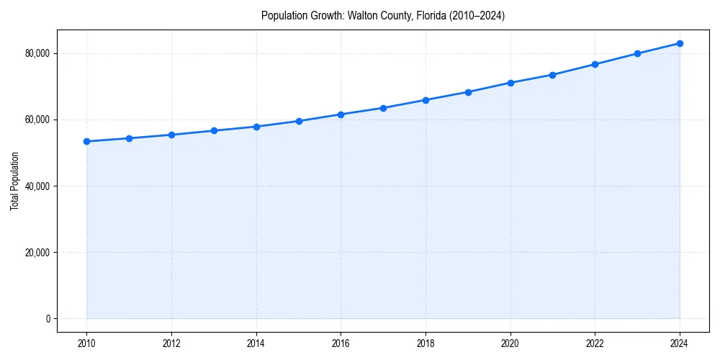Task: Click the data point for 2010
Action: click(86, 141)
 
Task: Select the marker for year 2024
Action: click(680, 43)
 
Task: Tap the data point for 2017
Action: click(383, 108)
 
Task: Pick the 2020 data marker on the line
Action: click(510, 83)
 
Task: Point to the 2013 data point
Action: click(214, 130)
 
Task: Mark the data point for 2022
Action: click(595, 64)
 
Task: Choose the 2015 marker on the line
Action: click(299, 121)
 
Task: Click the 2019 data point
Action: click(468, 92)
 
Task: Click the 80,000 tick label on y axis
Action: click(37, 53)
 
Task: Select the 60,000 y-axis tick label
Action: click(37, 120)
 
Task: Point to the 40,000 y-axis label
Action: click(37, 186)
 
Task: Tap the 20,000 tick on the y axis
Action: click(37, 253)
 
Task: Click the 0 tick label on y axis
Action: click(47, 319)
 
